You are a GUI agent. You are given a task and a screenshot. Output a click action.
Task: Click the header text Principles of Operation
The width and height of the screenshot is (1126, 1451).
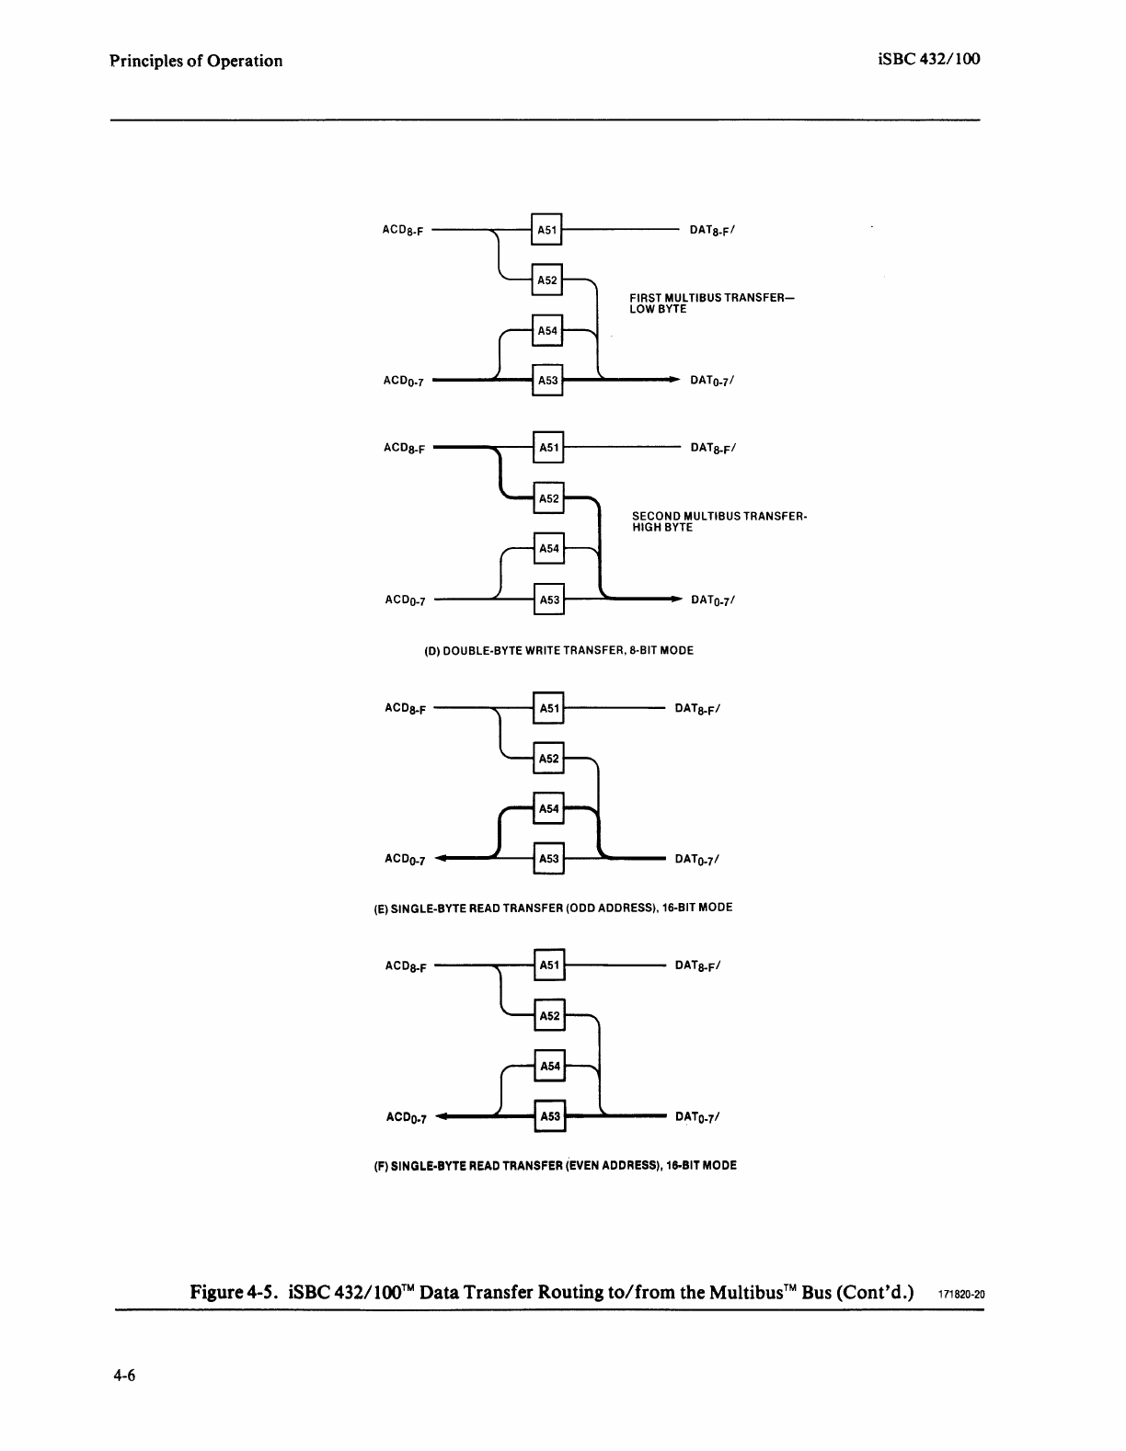click(196, 61)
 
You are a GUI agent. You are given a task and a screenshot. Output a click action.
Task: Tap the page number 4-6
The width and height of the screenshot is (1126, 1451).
click(125, 1376)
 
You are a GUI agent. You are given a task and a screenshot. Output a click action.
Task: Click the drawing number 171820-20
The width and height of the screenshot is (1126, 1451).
click(961, 1294)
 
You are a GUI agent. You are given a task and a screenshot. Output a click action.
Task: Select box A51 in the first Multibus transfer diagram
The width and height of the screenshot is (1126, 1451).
click(547, 229)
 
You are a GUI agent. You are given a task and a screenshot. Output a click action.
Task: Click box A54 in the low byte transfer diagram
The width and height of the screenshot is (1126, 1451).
click(547, 330)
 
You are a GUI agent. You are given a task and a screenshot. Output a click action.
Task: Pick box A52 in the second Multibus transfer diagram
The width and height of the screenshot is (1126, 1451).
click(549, 498)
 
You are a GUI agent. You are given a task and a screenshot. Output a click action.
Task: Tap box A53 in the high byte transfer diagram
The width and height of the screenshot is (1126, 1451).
click(549, 600)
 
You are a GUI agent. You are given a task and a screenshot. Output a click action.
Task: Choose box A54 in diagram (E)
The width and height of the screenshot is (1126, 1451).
click(549, 808)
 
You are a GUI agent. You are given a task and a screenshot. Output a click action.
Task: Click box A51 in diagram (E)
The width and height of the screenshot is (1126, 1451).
click(549, 708)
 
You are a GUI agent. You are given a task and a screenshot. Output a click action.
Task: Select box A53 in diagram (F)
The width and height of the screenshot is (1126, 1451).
click(549, 1116)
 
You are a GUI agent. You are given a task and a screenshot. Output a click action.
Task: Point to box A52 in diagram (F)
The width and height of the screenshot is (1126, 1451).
click(549, 1015)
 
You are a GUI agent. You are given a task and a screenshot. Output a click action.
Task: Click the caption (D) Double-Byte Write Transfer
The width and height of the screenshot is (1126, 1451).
click(558, 650)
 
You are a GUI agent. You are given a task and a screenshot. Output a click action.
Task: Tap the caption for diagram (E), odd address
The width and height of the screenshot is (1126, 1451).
click(553, 908)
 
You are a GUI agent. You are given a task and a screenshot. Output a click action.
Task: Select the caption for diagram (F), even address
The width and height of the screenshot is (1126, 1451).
click(555, 1165)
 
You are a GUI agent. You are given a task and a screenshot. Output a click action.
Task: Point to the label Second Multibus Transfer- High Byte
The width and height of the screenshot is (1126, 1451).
click(718, 522)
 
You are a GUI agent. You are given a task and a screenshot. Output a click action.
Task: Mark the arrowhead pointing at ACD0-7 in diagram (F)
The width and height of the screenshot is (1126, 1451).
click(442, 1117)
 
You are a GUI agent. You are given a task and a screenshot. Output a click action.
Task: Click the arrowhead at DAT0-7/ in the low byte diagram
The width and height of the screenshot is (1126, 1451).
click(674, 379)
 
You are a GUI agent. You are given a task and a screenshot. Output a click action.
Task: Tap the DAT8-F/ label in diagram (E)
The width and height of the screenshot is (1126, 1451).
click(697, 709)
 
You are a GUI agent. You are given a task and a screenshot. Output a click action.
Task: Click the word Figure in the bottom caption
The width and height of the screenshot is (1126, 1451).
click(216, 1292)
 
